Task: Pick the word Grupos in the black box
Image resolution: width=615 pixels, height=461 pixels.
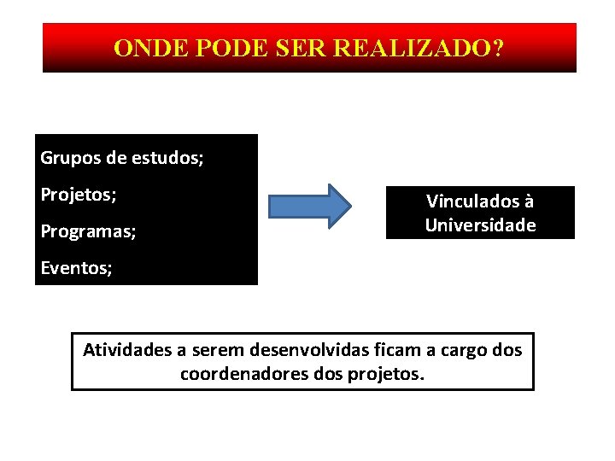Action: click(x=71, y=158)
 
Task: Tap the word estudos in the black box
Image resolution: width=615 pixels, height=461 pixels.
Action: click(x=167, y=158)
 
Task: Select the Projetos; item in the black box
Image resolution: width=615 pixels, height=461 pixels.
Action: click(x=79, y=195)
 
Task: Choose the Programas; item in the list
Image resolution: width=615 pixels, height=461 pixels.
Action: click(x=88, y=231)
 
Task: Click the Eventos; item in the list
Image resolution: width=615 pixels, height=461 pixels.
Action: click(x=76, y=268)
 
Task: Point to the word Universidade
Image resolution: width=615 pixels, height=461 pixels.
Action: click(x=480, y=225)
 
